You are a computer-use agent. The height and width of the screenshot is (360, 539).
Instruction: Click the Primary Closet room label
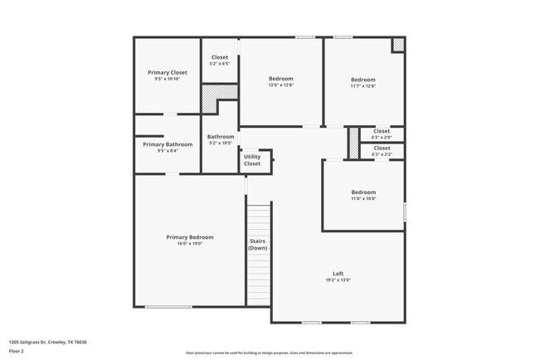pos(167,72)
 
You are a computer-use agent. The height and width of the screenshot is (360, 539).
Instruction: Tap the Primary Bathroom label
pos(167,144)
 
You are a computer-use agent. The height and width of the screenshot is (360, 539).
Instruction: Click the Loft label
pos(338,273)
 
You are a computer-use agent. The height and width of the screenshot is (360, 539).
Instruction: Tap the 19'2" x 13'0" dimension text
pos(338,280)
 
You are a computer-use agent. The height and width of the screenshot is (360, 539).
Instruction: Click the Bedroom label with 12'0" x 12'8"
pos(281,79)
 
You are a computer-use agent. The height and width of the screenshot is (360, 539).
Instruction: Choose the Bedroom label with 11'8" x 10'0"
pos(363,192)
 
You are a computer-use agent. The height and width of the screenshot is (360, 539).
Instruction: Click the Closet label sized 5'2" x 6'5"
pos(220,57)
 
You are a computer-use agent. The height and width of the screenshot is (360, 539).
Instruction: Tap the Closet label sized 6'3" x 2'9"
pos(381,130)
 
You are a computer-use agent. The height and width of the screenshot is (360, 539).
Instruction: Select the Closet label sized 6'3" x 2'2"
pos(381,148)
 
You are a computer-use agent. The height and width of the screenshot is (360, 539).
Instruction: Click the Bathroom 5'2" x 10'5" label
pos(221,137)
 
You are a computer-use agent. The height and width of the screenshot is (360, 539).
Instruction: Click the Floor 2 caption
pos(17,351)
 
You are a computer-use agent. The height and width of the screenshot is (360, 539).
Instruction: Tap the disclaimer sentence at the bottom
pos(269,353)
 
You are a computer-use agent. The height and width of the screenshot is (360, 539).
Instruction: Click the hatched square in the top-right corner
pos(398,45)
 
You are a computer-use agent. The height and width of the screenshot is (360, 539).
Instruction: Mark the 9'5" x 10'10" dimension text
pos(167,80)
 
